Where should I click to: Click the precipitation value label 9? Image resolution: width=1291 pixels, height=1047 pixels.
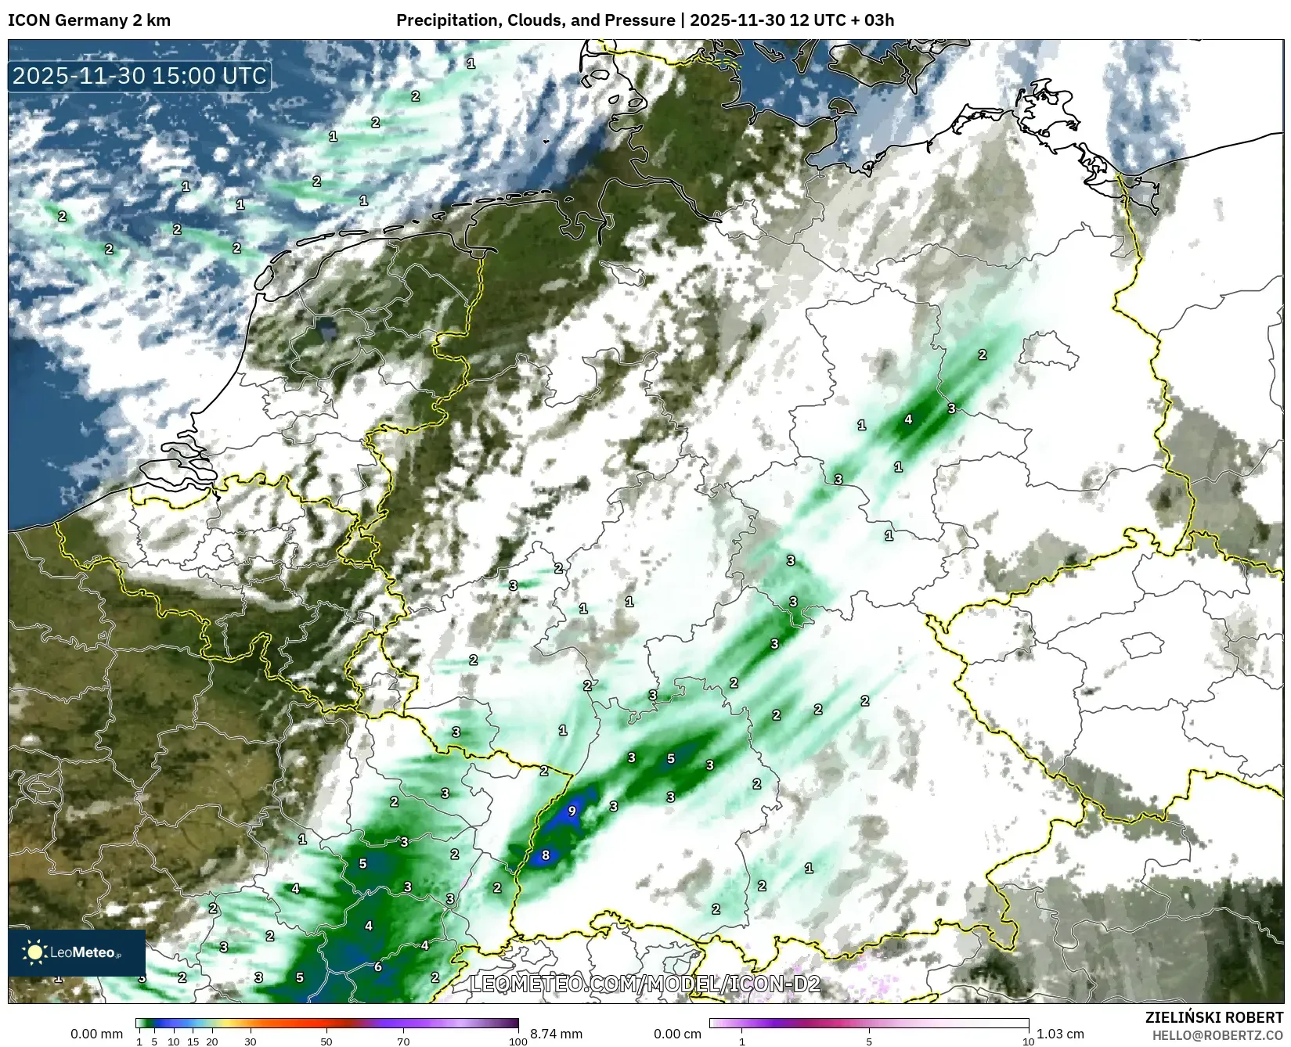tap(572, 811)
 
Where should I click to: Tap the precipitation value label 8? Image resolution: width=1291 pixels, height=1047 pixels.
tap(546, 855)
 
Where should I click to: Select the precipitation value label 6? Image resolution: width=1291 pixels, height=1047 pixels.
tap(377, 966)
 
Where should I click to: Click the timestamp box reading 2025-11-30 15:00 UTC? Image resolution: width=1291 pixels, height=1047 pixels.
tap(140, 76)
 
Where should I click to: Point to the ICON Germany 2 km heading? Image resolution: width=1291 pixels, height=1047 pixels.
tap(89, 20)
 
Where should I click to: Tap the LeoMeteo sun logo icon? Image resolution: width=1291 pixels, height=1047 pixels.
tap(34, 952)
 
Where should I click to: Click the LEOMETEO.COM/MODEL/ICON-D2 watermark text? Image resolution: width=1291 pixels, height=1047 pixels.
tap(645, 984)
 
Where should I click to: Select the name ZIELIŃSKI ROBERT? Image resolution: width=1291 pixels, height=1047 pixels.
tap(1214, 1018)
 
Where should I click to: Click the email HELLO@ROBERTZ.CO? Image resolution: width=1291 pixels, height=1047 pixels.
tap(1217, 1035)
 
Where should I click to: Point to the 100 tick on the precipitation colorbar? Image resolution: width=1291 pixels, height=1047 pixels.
tap(518, 1042)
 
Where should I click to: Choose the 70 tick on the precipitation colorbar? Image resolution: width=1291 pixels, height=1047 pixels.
tap(403, 1042)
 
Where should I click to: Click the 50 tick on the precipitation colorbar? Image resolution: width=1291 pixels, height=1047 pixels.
tap(326, 1042)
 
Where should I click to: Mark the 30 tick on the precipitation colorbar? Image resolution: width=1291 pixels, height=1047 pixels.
tap(251, 1042)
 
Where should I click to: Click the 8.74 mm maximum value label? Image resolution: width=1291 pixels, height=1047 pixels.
tap(556, 1034)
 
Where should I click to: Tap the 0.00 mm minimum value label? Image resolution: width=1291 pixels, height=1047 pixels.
tap(96, 1034)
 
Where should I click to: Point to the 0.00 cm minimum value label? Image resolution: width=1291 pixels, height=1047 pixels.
tap(679, 1034)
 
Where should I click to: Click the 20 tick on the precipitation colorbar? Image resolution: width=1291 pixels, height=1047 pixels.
tap(212, 1042)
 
